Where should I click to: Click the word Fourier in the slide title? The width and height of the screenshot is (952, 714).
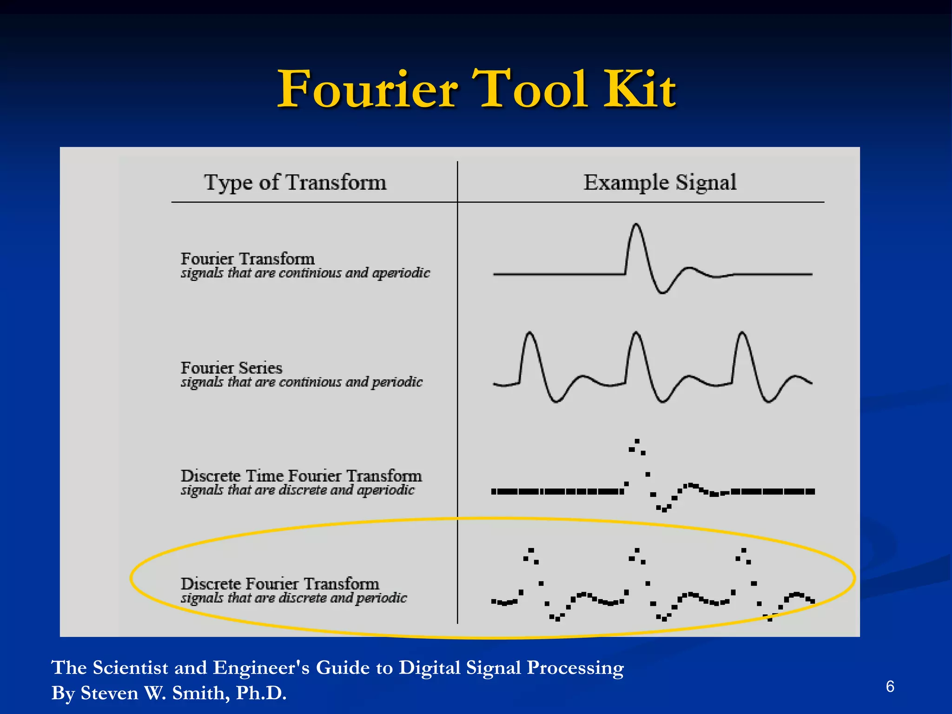(x=367, y=89)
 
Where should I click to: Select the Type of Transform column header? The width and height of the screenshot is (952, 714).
(x=295, y=182)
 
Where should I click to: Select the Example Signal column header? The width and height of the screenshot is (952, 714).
(x=660, y=182)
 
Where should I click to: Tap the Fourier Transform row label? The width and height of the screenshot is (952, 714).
(x=247, y=258)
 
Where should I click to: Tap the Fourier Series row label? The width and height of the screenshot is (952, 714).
(x=231, y=368)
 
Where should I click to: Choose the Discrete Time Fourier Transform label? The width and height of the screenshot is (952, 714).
(x=301, y=476)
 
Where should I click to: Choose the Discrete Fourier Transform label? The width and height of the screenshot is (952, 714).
(x=279, y=583)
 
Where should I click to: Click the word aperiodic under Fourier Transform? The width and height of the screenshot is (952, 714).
(x=401, y=273)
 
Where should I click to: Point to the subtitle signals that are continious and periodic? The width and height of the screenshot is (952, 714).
(x=301, y=382)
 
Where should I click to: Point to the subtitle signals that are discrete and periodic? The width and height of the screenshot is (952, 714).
(x=293, y=598)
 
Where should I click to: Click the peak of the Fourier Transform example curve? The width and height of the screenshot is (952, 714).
(x=636, y=225)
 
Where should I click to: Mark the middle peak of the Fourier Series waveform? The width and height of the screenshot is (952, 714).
(x=636, y=333)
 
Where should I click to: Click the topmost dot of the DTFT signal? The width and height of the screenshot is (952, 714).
(x=637, y=441)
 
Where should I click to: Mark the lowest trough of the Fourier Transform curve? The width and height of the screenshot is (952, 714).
(x=662, y=292)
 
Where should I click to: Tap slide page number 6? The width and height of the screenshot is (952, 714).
(x=890, y=686)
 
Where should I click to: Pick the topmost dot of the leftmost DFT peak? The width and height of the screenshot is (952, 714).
(x=531, y=550)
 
